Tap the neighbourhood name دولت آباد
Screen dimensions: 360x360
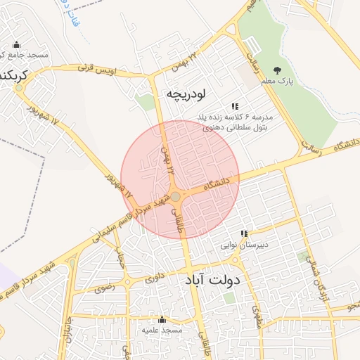click(212, 280)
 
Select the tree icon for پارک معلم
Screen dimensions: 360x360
click(277, 70)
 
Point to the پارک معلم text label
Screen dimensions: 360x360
click(295, 82)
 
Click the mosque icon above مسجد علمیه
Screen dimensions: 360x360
click(162, 319)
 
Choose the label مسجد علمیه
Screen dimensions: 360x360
click(162, 330)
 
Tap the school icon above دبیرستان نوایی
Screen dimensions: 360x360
click(244, 233)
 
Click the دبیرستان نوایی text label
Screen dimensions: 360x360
click(240, 245)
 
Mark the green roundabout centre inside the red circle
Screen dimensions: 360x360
click(175, 197)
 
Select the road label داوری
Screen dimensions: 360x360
click(157, 279)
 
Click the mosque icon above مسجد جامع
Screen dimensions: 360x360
click(16, 45)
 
